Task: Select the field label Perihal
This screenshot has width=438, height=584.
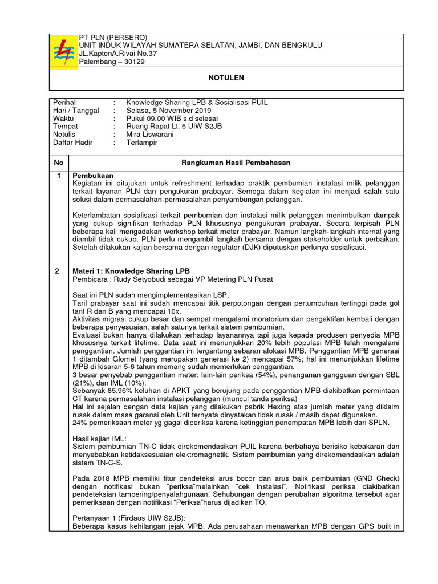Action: coord(64,102)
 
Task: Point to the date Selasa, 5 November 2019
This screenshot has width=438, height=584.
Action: coord(169,110)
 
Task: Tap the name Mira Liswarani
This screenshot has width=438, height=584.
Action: coord(151,134)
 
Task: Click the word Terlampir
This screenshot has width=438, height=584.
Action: coord(143,142)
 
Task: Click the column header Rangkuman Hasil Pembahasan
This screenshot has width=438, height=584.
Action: coord(236,163)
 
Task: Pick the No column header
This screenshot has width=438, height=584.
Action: coord(59,163)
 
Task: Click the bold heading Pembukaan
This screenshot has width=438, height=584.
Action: coord(93,175)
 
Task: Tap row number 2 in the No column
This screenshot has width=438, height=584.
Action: coord(57,270)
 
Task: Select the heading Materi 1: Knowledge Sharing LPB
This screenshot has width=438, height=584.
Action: coord(131,270)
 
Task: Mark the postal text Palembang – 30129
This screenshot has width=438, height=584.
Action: coord(111,62)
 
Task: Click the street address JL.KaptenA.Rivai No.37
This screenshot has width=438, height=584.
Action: coord(122,54)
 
